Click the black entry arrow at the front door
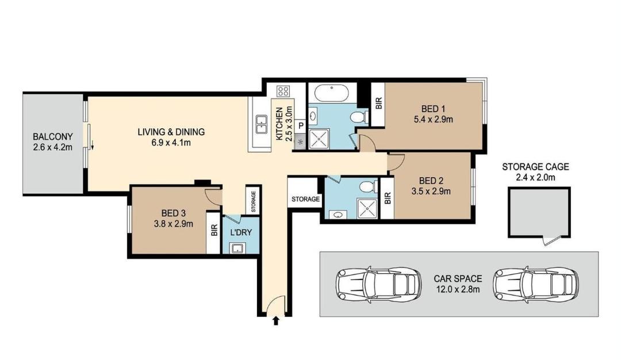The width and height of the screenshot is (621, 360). pos(276,320)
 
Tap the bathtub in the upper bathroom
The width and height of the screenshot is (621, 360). pos(332,94)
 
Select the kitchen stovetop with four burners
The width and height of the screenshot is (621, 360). pos(283,91)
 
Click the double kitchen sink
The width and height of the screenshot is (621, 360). pos(262,124)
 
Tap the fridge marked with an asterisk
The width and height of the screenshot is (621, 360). pos(300,141)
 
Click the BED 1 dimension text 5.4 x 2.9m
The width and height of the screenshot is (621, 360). pos(434,119)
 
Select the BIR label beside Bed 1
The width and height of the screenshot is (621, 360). pos(378,104)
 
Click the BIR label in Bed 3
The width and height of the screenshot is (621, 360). pos(214,231)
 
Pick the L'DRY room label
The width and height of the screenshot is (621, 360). pos(241,232)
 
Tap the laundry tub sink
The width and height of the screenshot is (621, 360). pos(237,248)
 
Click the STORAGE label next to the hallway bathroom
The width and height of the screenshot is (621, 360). pos(305,199)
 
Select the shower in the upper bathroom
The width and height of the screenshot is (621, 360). pos(319,139)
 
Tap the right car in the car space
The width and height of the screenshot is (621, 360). pos(535,284)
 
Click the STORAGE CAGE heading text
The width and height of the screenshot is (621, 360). pos(535,167)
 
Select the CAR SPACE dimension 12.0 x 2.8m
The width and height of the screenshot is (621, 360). pos(458,289)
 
